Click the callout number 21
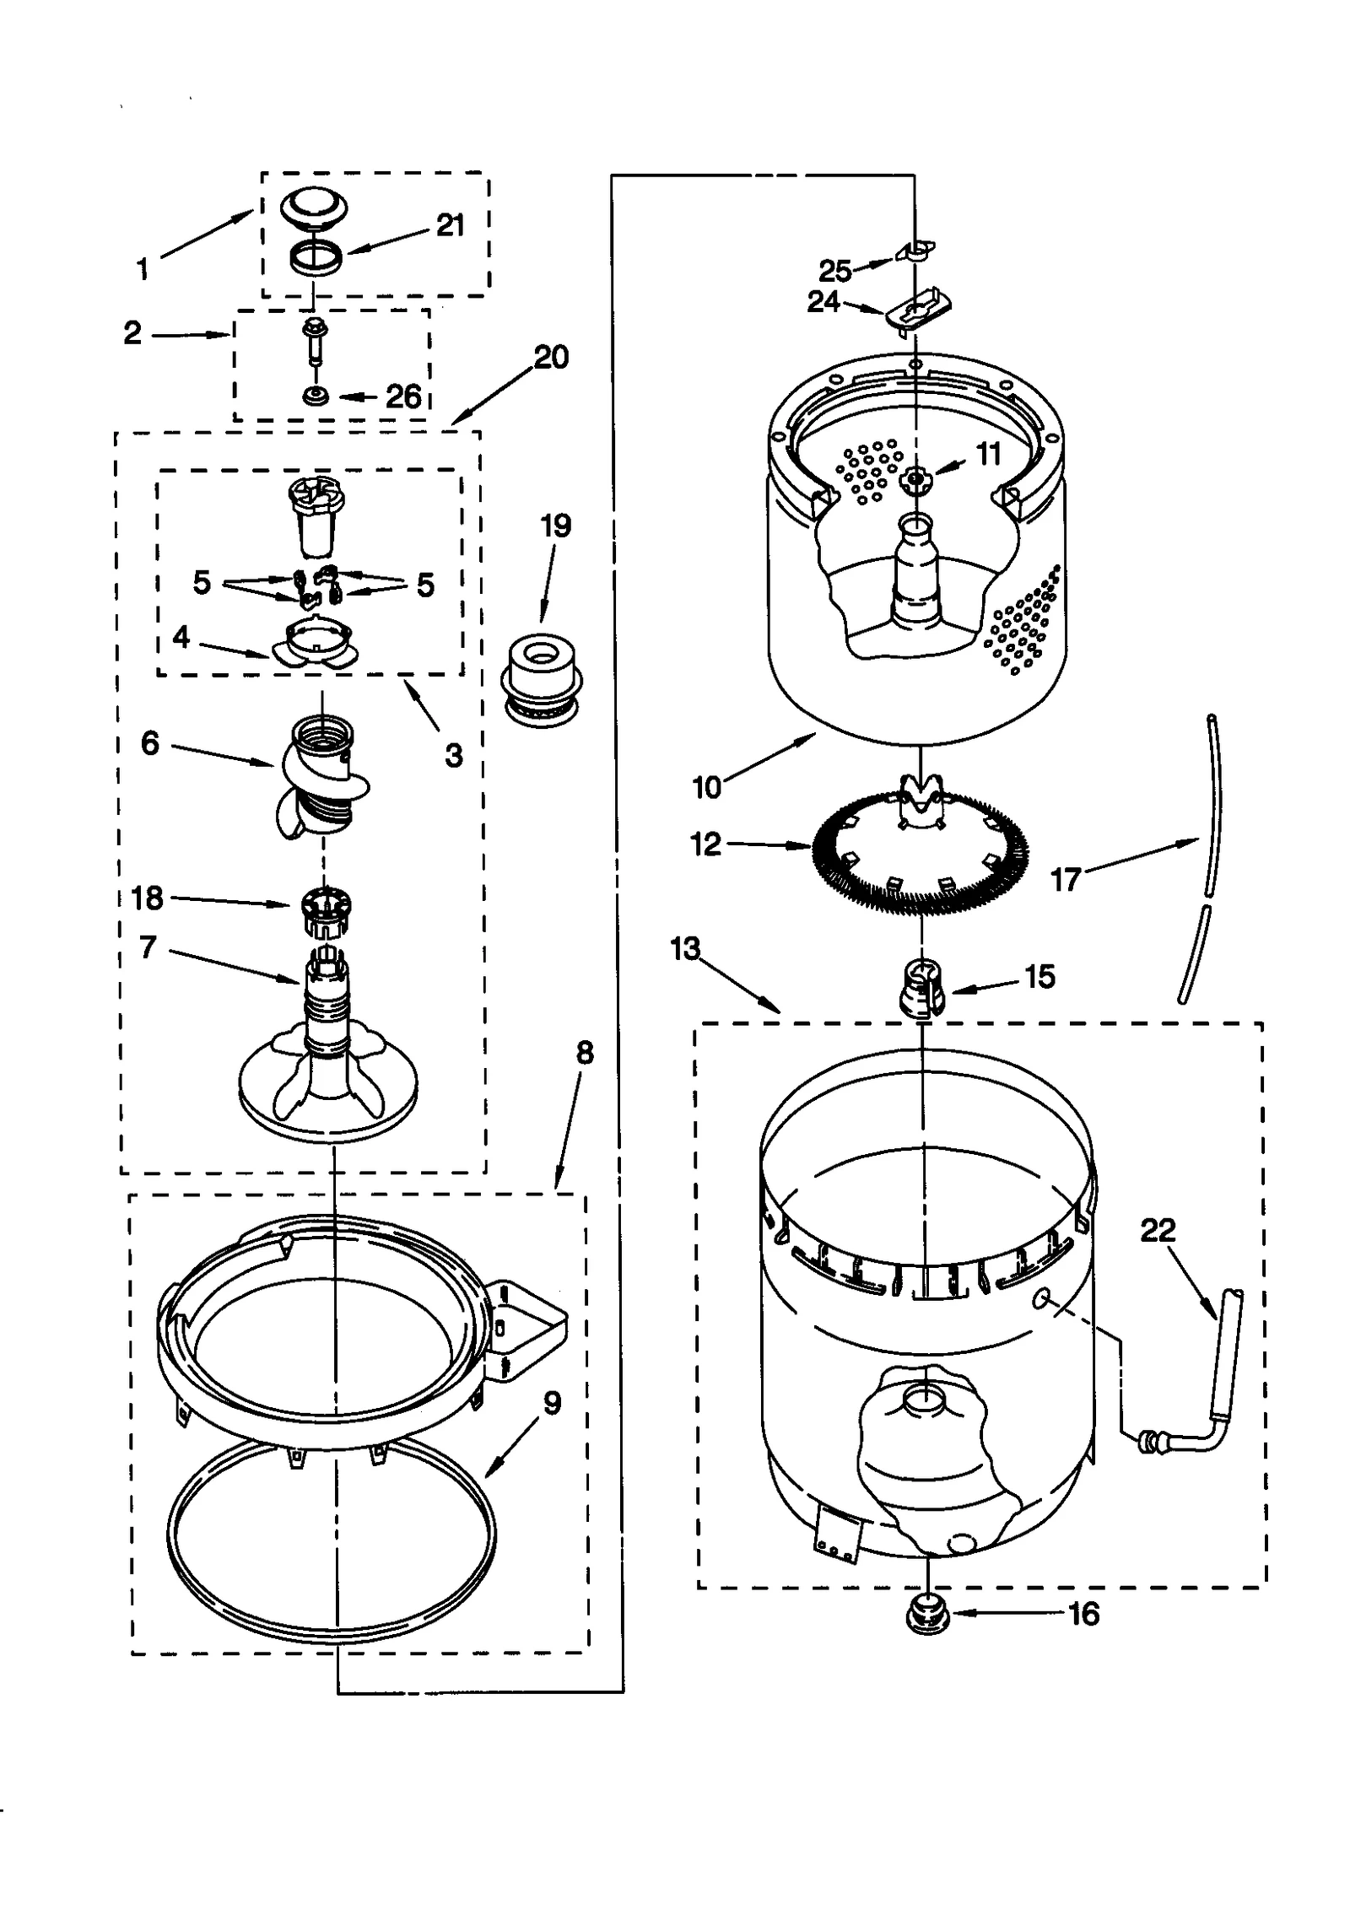(450, 225)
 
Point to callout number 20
(551, 357)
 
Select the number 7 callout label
(148, 947)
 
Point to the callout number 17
(1065, 880)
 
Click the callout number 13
(684, 949)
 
